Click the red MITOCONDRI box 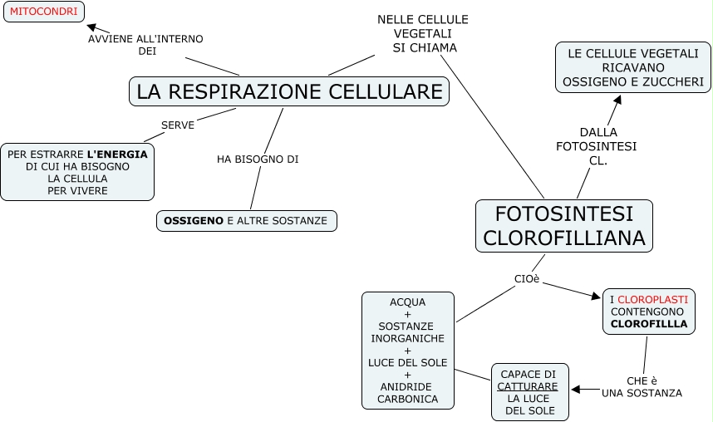pos(44,12)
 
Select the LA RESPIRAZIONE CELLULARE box pos(289,91)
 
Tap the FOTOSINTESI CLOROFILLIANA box pos(564,226)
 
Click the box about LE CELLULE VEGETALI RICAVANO pos(633,67)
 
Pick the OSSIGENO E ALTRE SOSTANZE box pos(246,221)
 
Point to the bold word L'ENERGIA pos(117,154)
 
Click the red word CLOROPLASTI pos(652,299)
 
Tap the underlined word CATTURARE pos(529,386)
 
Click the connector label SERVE pos(178,125)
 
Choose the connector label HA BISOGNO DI pos(258,159)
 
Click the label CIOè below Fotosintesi pos(527,278)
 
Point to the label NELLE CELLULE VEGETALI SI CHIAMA pos(423,33)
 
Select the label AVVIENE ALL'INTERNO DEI pos(146,45)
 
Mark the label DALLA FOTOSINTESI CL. pos(597,146)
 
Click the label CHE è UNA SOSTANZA pos(642,386)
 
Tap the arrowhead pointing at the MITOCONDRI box pos(91,27)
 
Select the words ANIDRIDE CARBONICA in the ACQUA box pos(408,393)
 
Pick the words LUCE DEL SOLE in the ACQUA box pos(408,362)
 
